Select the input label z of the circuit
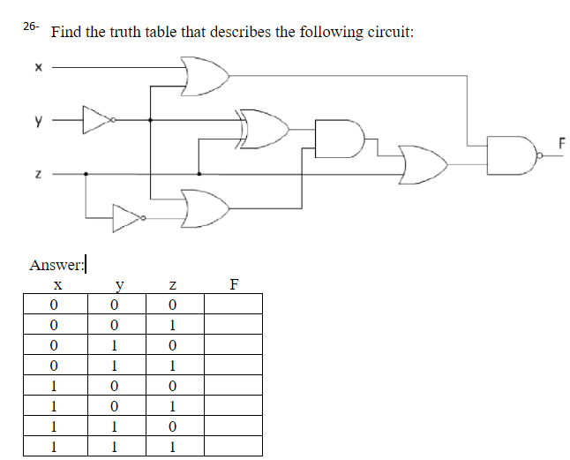click(x=38, y=174)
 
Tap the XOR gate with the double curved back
click(x=265, y=128)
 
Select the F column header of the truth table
click(x=233, y=285)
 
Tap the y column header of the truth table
click(x=116, y=285)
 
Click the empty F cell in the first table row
click(x=233, y=305)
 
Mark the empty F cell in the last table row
click(x=233, y=447)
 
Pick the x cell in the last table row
click(x=55, y=447)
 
